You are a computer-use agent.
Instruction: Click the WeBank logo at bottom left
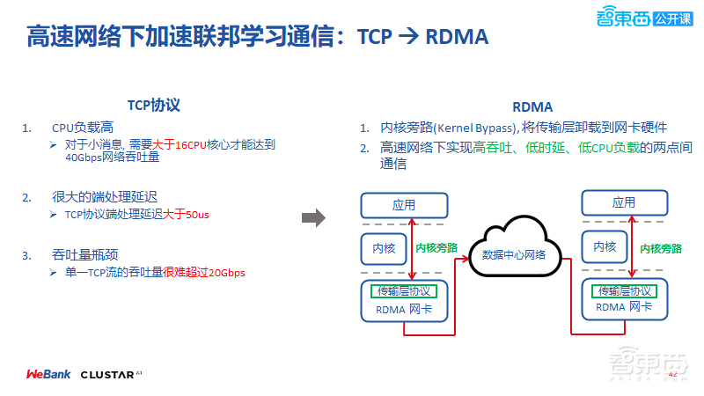(x=48, y=374)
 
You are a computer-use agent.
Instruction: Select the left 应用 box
(x=404, y=204)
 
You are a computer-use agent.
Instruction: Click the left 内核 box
(x=385, y=249)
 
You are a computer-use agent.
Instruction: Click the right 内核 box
(x=605, y=247)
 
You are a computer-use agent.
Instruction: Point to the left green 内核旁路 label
(x=437, y=248)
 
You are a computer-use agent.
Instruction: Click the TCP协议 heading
(x=154, y=105)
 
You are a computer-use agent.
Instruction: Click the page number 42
(x=674, y=375)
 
